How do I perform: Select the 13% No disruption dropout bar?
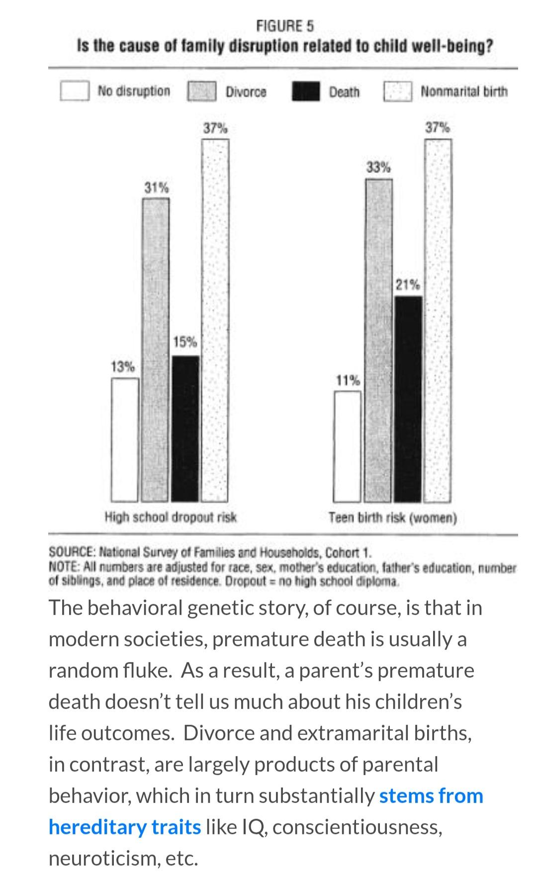pyautogui.click(x=125, y=440)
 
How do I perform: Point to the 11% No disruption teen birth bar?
pyautogui.click(x=347, y=446)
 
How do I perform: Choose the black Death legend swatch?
pyautogui.click(x=306, y=91)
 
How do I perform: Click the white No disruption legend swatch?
pyautogui.click(x=75, y=91)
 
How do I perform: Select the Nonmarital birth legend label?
pyautogui.click(x=464, y=91)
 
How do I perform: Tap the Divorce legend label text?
pyautogui.click(x=246, y=91)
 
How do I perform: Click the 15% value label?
pyautogui.click(x=185, y=342)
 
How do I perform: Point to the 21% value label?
pyautogui.click(x=408, y=285)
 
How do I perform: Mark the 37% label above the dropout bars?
pyautogui.click(x=215, y=128)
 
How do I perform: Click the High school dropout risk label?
pyautogui.click(x=171, y=517)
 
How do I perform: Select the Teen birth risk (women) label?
pyautogui.click(x=392, y=518)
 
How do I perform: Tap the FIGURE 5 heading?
pyautogui.click(x=285, y=25)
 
